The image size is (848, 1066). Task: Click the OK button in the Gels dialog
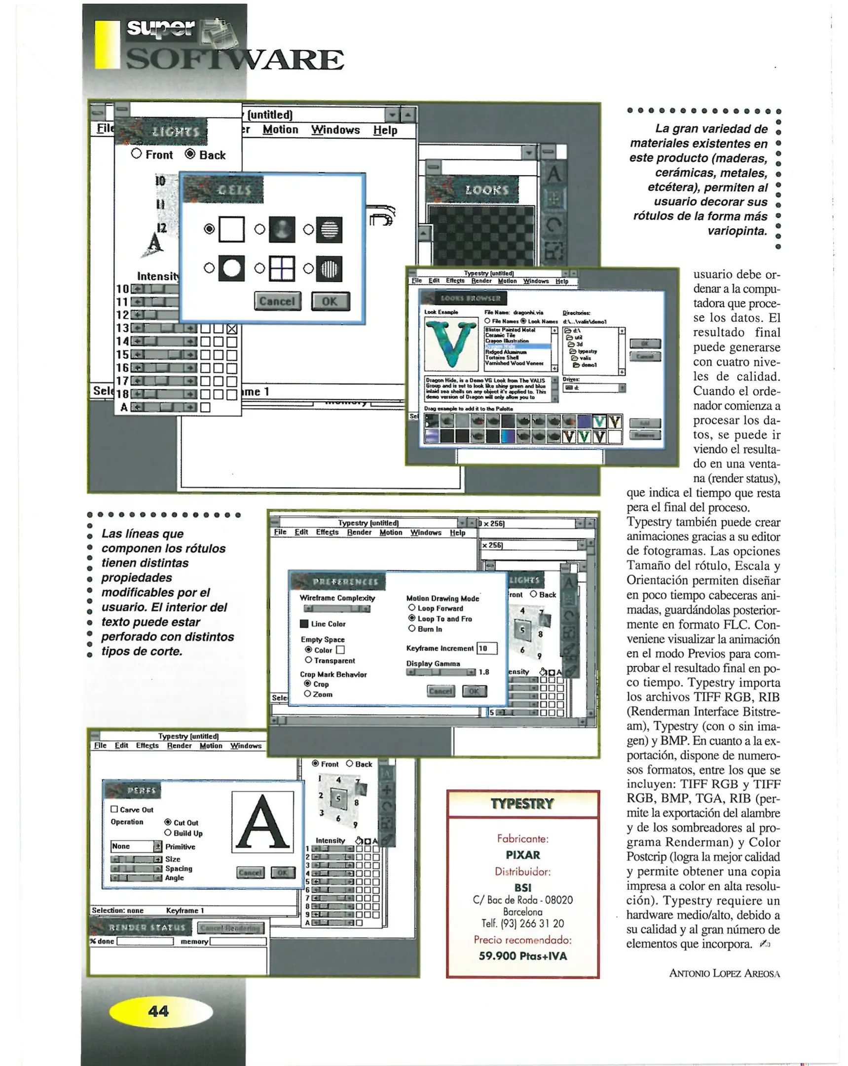click(330, 301)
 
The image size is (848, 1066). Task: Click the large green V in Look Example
click(451, 343)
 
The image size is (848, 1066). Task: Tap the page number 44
click(158, 1011)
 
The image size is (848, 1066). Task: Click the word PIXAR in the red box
click(523, 855)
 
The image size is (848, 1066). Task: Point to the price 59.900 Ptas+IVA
click(523, 956)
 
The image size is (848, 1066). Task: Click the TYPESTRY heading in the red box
click(523, 804)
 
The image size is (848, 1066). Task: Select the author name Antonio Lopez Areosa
click(724, 973)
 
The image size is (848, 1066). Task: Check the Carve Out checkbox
click(114, 809)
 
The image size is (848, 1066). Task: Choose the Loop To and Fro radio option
click(411, 618)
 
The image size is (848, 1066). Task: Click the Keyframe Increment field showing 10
click(487, 648)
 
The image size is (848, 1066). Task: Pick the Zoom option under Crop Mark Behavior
click(308, 694)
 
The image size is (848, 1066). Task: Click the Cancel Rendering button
click(231, 928)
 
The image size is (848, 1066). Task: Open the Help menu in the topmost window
click(385, 130)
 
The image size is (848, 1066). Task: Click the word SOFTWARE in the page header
click(235, 60)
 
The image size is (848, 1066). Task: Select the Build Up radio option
click(168, 833)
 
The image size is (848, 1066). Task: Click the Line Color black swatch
click(304, 623)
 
